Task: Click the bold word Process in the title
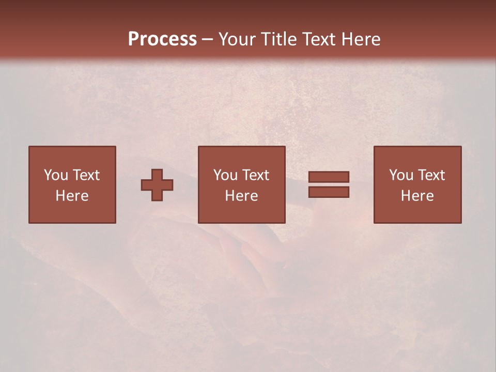point(162,39)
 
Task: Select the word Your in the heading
point(238,39)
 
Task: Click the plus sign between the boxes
point(157,185)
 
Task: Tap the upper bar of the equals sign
point(329,177)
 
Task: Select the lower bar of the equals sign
point(329,192)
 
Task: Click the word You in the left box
point(55,175)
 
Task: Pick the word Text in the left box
point(86,175)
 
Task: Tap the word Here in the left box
point(72,196)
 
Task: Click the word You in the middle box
point(225,175)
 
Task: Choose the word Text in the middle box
point(255,175)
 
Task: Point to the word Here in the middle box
point(241,196)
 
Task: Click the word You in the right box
point(401,175)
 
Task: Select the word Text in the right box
point(431,175)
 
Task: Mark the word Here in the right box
point(417,196)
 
